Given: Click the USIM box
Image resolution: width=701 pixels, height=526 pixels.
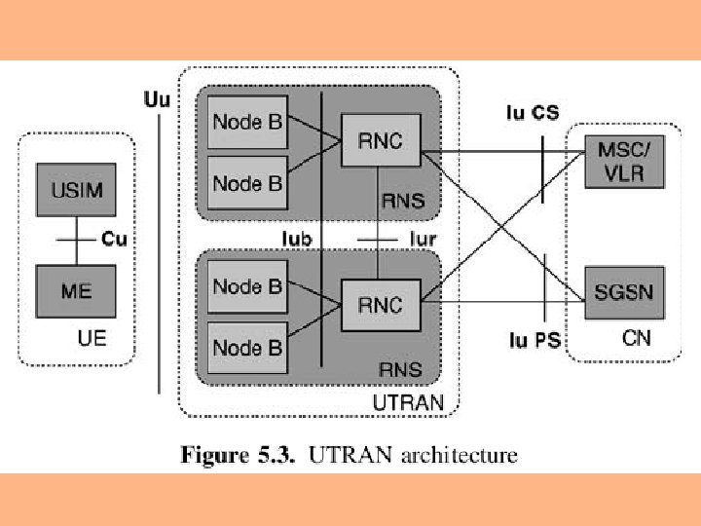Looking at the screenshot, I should click(x=76, y=185).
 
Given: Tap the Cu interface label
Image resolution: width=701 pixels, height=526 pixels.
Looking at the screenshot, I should click(x=114, y=238).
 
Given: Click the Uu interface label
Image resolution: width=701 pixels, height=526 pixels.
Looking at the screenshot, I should click(x=155, y=98).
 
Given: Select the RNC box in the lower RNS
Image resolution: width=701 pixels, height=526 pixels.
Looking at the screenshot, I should click(x=380, y=305).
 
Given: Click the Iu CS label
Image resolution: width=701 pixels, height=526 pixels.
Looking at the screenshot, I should click(x=533, y=113).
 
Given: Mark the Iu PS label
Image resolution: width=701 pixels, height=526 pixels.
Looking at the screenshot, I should click(x=535, y=341).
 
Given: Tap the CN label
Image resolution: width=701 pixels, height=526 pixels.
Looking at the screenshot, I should click(x=636, y=338).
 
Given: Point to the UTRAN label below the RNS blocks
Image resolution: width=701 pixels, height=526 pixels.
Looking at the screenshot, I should click(x=409, y=401).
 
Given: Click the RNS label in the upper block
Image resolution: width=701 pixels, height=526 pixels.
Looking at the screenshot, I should click(x=401, y=202).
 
